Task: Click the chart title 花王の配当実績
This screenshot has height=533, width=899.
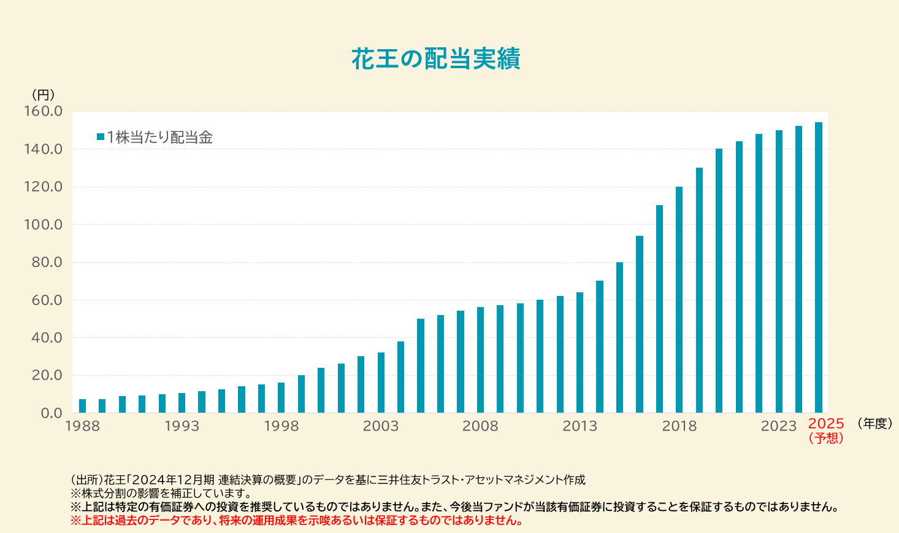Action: (x=436, y=59)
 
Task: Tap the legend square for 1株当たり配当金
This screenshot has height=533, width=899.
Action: (x=101, y=137)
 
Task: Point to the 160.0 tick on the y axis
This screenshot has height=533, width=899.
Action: (x=43, y=112)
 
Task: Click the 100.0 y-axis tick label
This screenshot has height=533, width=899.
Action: (x=43, y=225)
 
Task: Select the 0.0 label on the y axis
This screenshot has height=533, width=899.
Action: (x=52, y=413)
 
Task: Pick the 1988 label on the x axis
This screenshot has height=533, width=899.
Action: (x=82, y=426)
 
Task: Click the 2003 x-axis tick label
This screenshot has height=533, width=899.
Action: (x=381, y=426)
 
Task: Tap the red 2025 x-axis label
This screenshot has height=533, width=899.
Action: (x=826, y=424)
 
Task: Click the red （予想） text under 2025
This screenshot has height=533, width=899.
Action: (x=826, y=438)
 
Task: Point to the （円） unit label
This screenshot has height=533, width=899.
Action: (x=43, y=95)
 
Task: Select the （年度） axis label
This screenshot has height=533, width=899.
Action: (x=874, y=423)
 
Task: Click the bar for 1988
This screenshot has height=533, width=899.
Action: (x=82, y=406)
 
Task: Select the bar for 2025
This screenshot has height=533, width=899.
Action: (x=819, y=268)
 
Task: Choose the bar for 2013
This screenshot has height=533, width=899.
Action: (x=580, y=352)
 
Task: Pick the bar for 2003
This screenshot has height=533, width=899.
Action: (x=381, y=383)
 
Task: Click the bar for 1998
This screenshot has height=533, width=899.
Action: (x=281, y=398)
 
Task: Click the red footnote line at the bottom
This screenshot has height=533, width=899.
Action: (x=297, y=521)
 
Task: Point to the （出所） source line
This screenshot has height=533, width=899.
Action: (x=328, y=480)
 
